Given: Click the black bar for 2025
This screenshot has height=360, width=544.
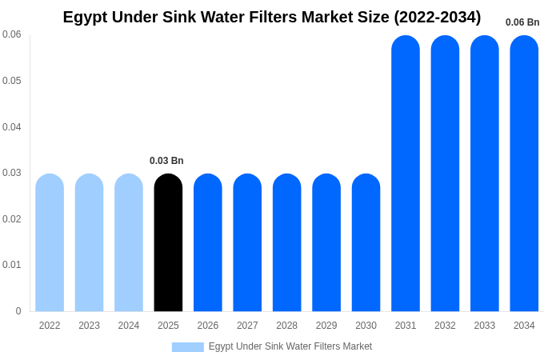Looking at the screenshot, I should (168, 242).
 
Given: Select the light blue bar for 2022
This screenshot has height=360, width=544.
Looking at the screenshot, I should (50, 242).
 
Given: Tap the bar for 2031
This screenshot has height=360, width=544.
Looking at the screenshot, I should (406, 174).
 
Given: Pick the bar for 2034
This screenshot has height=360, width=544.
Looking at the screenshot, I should (524, 174).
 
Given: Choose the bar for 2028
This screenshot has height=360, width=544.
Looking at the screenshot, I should (287, 242).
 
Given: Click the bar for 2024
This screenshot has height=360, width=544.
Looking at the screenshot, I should (129, 242).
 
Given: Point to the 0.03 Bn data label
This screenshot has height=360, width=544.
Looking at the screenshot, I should (166, 161).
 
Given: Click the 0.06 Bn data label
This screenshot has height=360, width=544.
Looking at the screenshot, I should (522, 22).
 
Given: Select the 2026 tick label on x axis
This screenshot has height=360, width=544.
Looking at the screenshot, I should (208, 326).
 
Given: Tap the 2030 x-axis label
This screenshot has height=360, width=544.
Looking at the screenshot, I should (366, 326).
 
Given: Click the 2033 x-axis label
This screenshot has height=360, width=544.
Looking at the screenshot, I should (485, 326).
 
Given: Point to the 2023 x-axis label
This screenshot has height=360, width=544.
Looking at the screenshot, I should (89, 326).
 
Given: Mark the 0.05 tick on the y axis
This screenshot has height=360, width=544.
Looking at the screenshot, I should (12, 81).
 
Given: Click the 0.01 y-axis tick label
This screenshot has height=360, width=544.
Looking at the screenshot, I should (12, 265).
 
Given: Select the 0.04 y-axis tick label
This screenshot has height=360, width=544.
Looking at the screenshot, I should (12, 126).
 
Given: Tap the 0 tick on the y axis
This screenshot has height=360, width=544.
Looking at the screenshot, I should (18, 311).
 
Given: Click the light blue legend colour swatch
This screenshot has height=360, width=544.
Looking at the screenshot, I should (187, 347).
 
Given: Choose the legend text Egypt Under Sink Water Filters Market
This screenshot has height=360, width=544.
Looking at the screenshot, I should (290, 346).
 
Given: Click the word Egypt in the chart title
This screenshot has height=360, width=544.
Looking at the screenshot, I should (84, 17).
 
